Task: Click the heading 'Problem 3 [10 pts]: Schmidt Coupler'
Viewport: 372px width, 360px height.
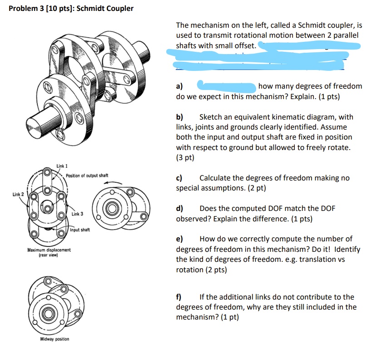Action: tap(71, 8)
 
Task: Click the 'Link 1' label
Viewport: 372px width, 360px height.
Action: tap(62, 166)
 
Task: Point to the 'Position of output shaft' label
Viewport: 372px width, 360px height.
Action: tap(87, 175)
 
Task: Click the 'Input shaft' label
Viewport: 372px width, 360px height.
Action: tap(80, 230)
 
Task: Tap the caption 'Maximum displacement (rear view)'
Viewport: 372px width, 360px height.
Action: tap(49, 252)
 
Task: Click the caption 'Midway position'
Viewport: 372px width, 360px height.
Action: tap(55, 339)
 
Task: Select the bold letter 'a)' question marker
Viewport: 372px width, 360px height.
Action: tap(179, 86)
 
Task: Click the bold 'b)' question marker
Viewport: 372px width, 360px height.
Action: tap(180, 117)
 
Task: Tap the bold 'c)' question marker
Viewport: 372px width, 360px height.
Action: tap(179, 178)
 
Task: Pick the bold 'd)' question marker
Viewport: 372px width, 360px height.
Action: tap(180, 209)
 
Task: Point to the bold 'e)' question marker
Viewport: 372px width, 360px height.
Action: tap(179, 239)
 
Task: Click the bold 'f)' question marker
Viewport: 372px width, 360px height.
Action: tap(179, 297)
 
